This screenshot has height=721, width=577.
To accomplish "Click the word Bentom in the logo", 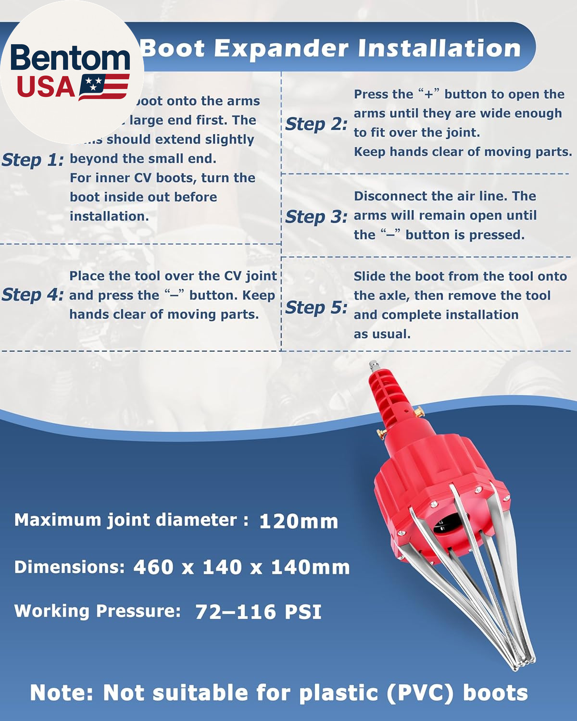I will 70,59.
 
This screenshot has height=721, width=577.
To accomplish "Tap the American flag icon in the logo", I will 104,87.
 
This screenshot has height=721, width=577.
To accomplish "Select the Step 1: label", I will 33,160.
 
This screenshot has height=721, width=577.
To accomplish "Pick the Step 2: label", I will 316,124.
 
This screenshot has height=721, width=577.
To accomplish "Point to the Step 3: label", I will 316,217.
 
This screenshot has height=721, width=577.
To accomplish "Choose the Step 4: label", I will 33,295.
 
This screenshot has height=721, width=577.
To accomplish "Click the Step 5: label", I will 316,307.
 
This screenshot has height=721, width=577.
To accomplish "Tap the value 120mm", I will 298,522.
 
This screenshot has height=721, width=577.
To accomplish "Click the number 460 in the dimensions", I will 153,567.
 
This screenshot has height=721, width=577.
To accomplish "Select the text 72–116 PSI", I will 258,612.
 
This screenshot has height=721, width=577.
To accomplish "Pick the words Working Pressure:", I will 98,611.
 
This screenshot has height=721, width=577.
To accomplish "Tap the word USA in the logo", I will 46,87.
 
